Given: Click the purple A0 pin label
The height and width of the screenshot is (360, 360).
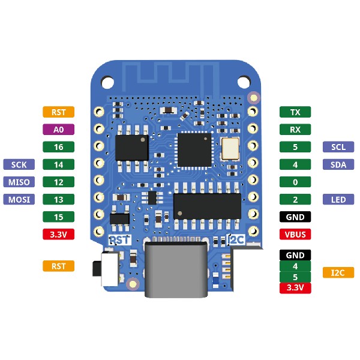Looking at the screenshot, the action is coord(59,130).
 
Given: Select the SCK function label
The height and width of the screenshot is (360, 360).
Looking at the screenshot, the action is coord(19,164).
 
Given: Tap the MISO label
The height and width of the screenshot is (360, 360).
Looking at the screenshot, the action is coord(19,182).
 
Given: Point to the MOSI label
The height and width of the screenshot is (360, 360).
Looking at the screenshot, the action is coord(19,199).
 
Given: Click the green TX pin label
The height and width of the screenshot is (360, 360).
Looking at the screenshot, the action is coord(295,112).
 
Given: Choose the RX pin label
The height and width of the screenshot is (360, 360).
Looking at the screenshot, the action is coord(295,130).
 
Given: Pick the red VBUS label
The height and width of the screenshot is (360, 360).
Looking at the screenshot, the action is coord(295,234).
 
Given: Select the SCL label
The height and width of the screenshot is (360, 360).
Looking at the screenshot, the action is coord(338,147).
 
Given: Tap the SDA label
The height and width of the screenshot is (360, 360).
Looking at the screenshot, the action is coord(338,164).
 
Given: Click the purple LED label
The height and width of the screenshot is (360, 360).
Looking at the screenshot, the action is coord(338,199).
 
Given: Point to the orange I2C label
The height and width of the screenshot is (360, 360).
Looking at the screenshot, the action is coord(338,272).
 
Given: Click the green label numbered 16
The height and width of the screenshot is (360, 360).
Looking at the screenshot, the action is coord(59,147).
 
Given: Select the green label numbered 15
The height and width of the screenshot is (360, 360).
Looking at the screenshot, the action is coord(59,217).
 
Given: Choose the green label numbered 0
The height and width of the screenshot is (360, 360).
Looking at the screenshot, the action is coord(295,182).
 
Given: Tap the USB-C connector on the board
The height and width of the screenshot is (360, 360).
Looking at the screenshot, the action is coord(176,270).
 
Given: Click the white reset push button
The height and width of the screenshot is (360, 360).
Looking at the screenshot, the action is coord(110,269).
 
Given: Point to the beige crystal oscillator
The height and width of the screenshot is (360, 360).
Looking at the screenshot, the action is coord(230,149).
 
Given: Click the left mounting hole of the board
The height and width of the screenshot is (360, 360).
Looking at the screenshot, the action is coord(107,82).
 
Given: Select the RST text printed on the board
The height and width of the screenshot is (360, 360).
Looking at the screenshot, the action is coord(119,240).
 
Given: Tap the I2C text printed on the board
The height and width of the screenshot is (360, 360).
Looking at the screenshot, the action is coord(236,240).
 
